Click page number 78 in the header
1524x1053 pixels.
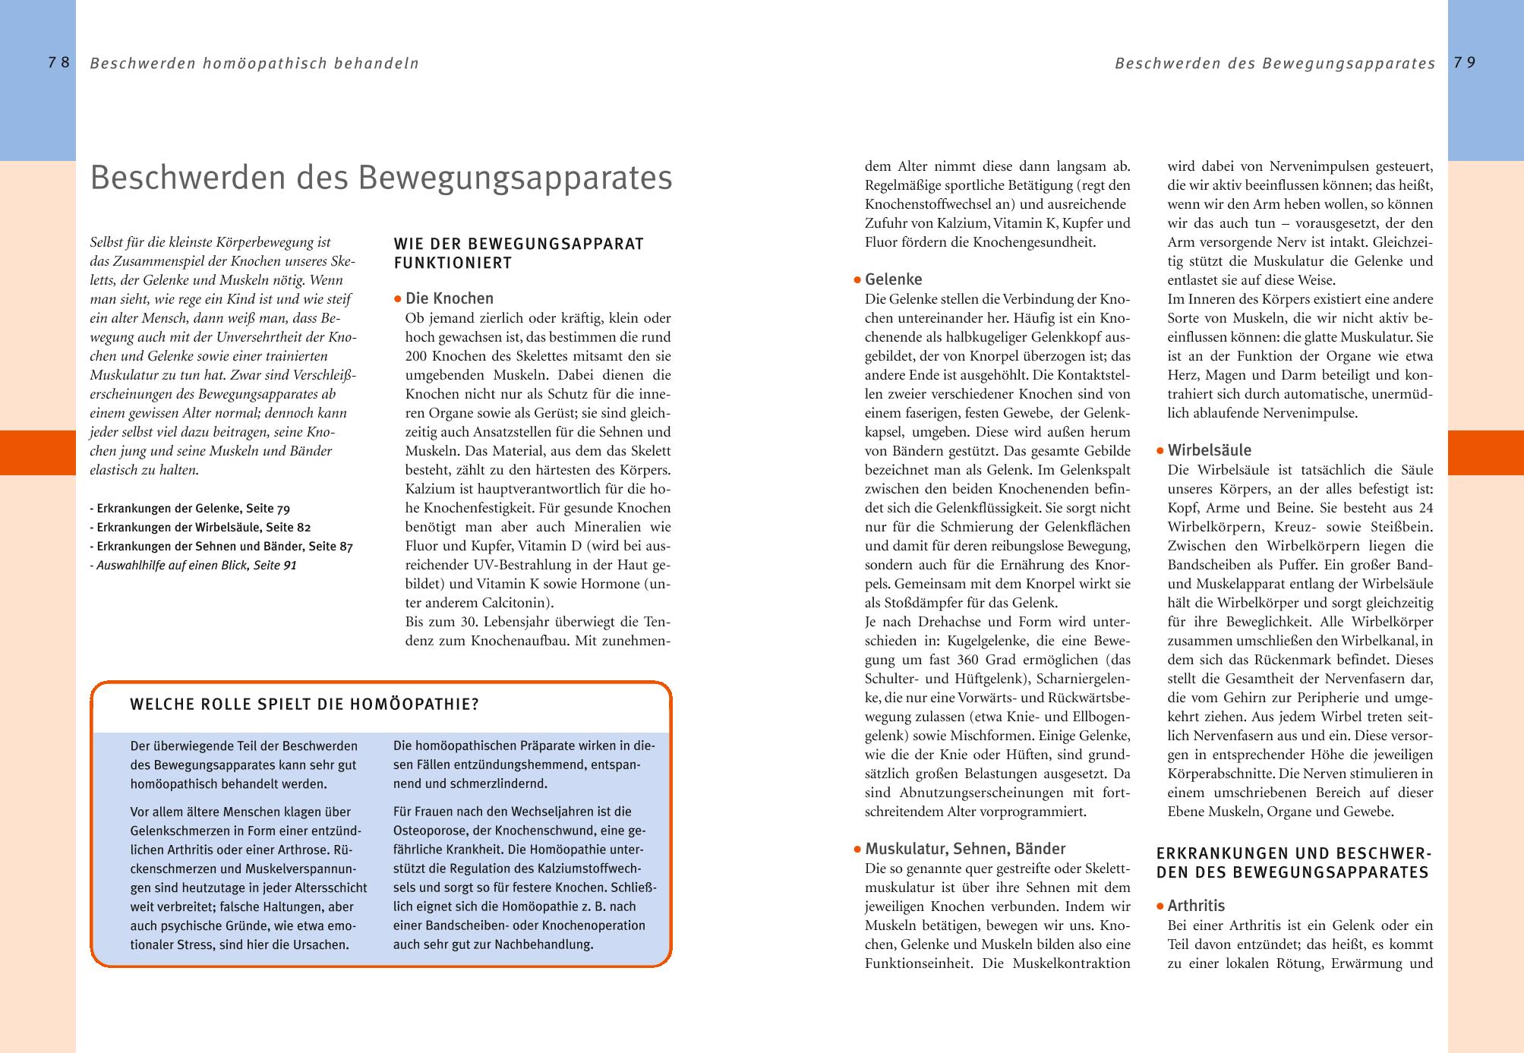(58, 63)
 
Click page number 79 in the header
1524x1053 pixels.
(1465, 63)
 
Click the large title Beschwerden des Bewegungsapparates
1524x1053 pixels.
(380, 178)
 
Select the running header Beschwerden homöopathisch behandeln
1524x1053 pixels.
(254, 64)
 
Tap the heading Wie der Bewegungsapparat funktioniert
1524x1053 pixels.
(519, 254)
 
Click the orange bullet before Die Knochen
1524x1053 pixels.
(397, 300)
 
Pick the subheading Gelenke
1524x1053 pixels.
(893, 279)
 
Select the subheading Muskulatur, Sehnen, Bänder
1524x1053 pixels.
(964, 849)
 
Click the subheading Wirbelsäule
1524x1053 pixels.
(1209, 450)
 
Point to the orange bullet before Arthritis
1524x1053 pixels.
(1160, 906)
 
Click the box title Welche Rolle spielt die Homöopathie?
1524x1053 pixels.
(304, 705)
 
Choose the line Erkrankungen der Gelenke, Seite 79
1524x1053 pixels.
(190, 509)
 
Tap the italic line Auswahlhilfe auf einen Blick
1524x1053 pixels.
(193, 566)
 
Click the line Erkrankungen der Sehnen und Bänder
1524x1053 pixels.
(221, 547)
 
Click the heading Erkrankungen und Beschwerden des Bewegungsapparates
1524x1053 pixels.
(1292, 863)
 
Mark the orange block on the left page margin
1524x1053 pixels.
(37, 452)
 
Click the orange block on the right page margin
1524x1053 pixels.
(1485, 452)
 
